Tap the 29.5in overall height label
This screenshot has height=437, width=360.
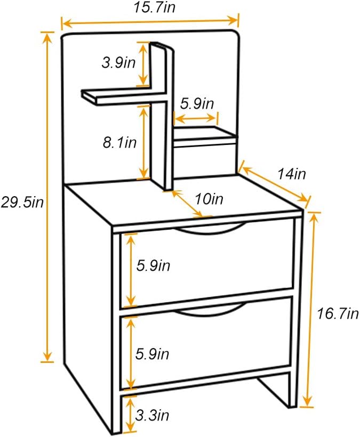21,202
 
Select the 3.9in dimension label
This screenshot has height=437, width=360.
118,63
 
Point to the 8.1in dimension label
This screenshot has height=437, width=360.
120,142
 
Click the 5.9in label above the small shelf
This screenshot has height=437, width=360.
197,103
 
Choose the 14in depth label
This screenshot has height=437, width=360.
291,174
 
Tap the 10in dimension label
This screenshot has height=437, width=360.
209,199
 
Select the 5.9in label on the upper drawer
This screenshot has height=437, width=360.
153,266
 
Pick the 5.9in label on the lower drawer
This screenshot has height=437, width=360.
153,353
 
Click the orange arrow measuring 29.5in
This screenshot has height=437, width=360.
47,197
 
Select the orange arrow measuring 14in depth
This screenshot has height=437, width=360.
275,182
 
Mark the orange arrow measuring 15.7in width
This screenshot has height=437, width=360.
150,22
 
